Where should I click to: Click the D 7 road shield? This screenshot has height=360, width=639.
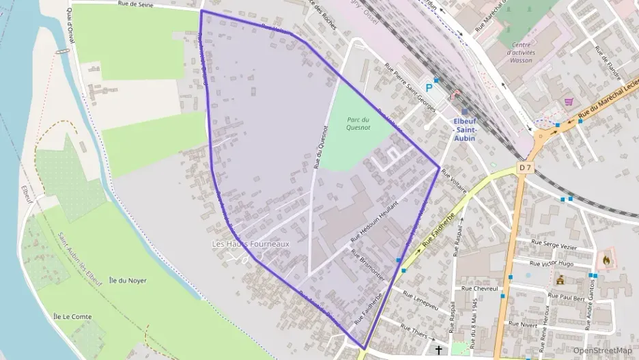click(524, 167)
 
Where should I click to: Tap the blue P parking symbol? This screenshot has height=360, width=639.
click(429, 87)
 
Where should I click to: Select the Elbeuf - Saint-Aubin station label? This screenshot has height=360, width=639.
click(464, 130)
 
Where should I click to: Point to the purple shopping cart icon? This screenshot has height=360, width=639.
click(569, 102)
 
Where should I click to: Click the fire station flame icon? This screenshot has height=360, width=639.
click(605, 260)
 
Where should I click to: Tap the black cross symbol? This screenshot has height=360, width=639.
click(439, 350)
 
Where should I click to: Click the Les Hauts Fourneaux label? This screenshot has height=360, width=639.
click(251, 244)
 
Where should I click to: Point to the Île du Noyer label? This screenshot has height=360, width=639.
click(128, 280)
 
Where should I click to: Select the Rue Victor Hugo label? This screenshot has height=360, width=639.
click(552, 263)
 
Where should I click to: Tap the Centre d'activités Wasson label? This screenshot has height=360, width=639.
click(522, 53)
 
